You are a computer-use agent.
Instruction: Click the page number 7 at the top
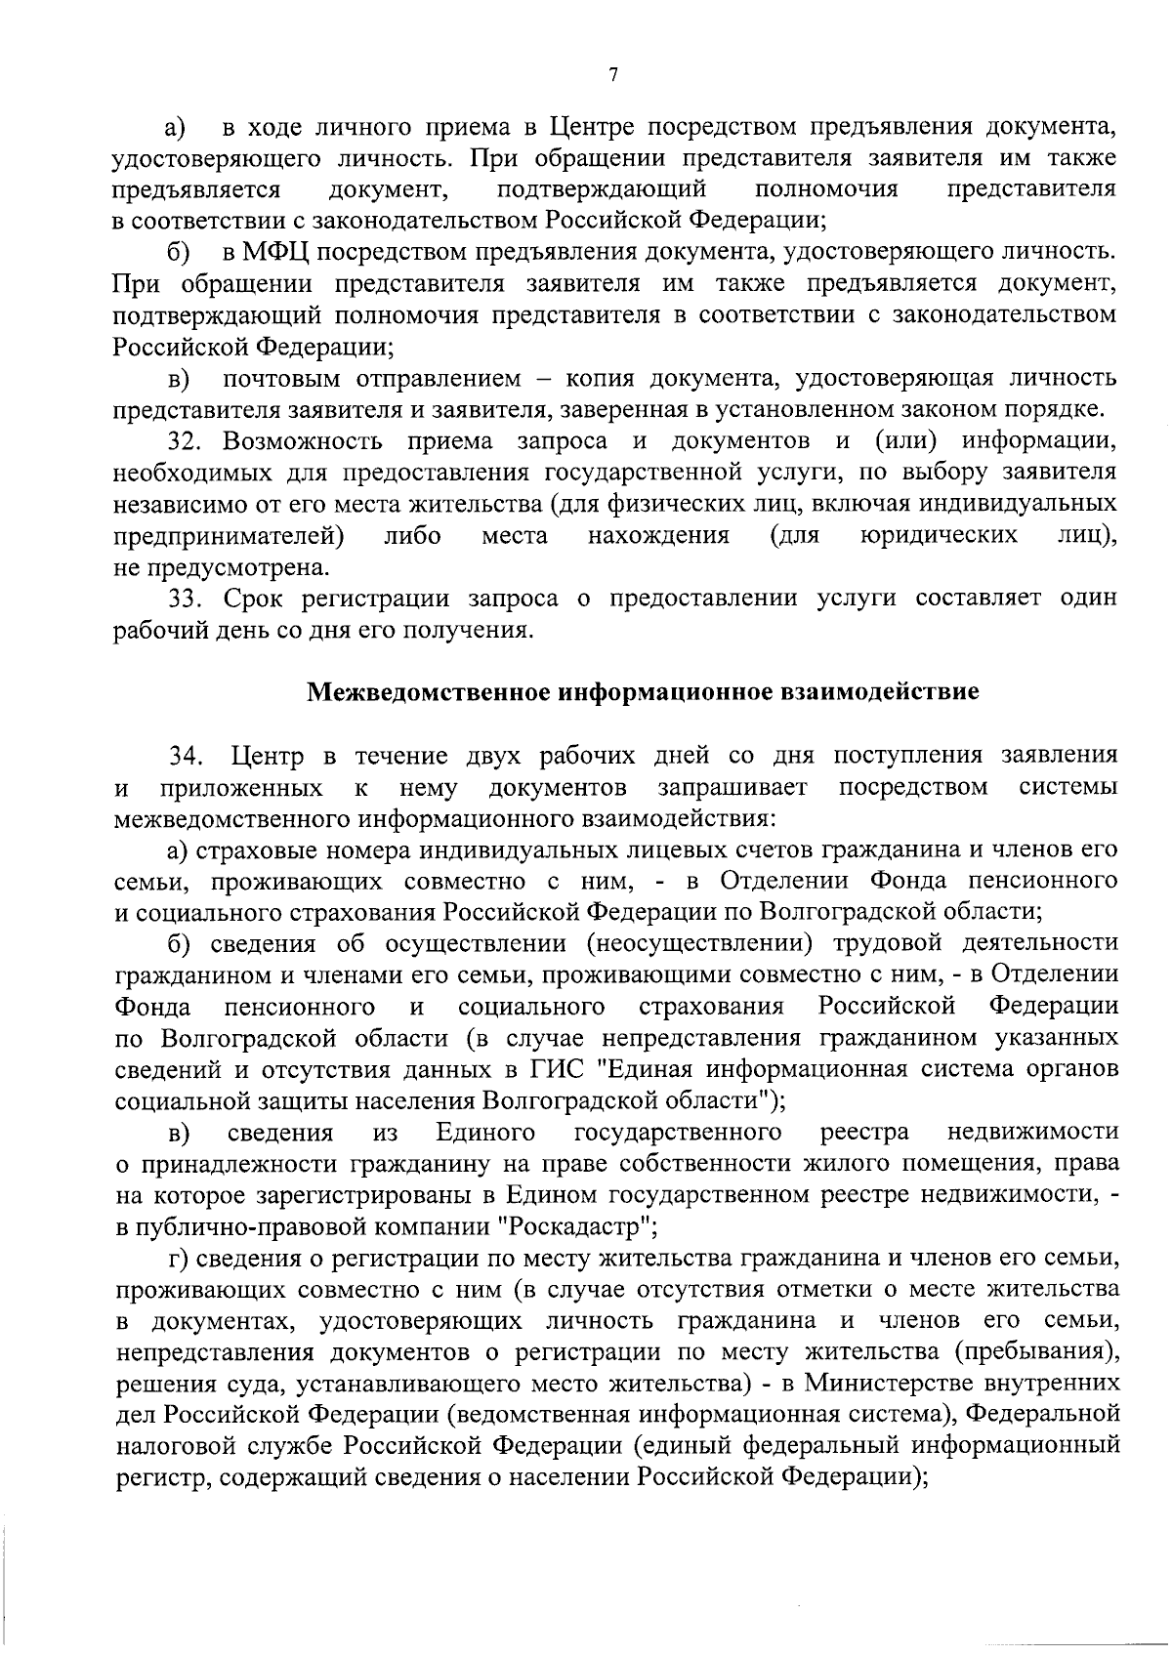612,75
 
